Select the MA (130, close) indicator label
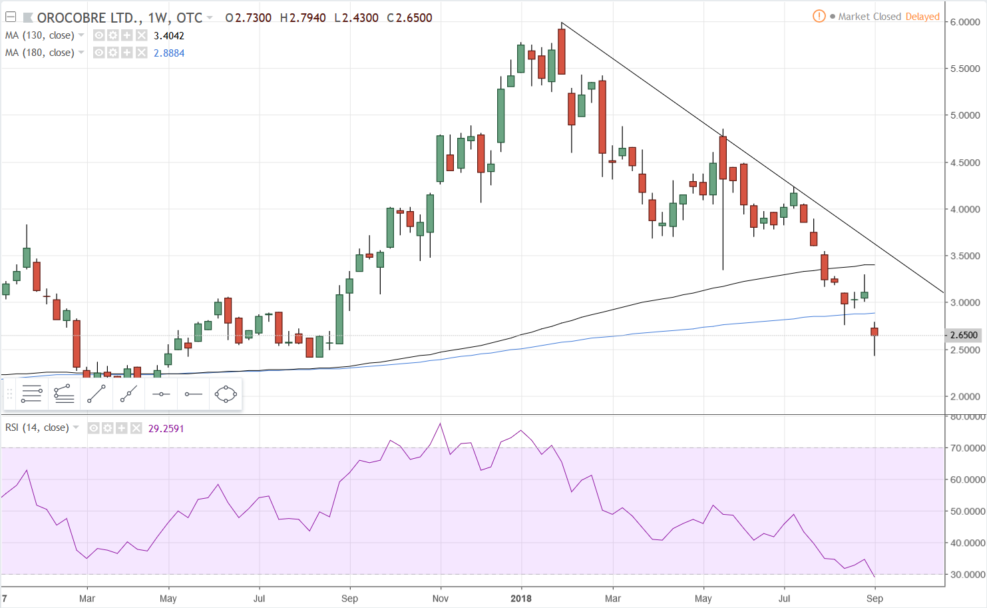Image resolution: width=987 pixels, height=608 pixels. [40, 35]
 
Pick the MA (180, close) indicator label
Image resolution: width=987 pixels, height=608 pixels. [40, 53]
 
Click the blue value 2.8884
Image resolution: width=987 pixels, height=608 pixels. [169, 53]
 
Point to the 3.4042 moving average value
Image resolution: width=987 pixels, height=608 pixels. [169, 36]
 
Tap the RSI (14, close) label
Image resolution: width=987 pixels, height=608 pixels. [37, 428]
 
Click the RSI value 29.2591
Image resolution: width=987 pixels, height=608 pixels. [166, 428]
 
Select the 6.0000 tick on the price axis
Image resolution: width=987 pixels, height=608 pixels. [964, 22]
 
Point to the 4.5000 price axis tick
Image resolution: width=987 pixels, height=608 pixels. [964, 162]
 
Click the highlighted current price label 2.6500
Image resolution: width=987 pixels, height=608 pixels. [964, 335]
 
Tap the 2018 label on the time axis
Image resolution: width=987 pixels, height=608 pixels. [521, 598]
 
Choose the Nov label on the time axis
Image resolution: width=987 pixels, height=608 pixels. [441, 598]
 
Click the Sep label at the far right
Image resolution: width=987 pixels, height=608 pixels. [875, 598]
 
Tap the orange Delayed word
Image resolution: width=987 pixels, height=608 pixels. [922, 17]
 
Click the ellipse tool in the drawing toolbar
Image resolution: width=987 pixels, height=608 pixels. [226, 394]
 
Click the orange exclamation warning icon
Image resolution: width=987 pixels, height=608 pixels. [819, 16]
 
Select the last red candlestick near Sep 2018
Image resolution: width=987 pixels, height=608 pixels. [875, 332]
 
